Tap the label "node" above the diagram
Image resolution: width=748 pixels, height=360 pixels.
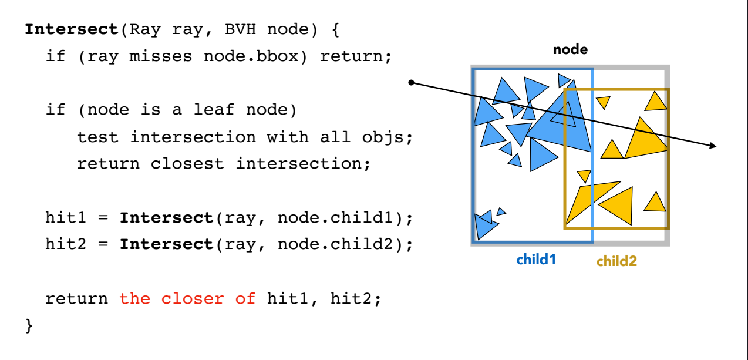pos(570,50)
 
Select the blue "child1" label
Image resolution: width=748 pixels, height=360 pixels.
pos(536,259)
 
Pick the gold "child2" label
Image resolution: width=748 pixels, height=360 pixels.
pos(616,261)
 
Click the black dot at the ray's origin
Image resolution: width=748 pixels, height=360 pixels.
pos(412,83)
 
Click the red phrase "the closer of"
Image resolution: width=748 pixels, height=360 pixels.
pos(187,299)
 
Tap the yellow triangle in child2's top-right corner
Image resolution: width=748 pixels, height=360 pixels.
pos(656,102)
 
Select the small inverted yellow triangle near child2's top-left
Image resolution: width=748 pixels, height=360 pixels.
pos(603,102)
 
